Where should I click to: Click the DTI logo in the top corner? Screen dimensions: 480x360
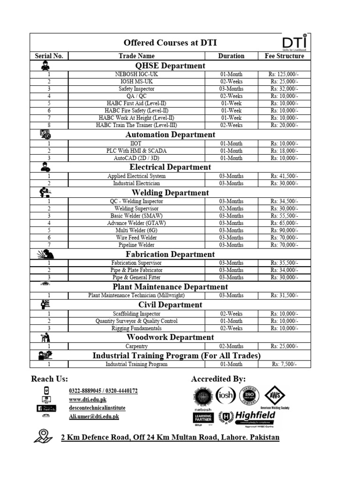pos(295,42)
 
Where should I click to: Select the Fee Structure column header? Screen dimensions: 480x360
pos(284,56)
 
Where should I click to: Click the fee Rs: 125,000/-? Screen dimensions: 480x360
pos(284,74)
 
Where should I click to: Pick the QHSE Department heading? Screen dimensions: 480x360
pos(170,66)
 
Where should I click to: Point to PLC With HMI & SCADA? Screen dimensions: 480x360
pos(136,151)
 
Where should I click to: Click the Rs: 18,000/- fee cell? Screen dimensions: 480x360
pos(284,151)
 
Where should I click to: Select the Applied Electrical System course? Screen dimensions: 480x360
pos(136,176)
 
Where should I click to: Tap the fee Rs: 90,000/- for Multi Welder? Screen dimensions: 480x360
pos(284,231)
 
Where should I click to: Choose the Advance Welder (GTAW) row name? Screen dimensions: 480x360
pos(136,223)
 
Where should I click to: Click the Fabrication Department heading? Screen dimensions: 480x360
pos(170,254)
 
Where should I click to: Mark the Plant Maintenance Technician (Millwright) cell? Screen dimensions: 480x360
pos(136,295)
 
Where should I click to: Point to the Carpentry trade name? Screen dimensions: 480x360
pos(136,346)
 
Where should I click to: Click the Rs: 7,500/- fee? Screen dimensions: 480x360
pos(284,364)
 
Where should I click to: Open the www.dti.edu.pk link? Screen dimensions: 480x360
pos(88,399)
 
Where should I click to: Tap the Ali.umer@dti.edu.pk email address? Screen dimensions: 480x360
pos(94,416)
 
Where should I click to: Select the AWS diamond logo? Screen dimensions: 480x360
pos(275,396)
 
